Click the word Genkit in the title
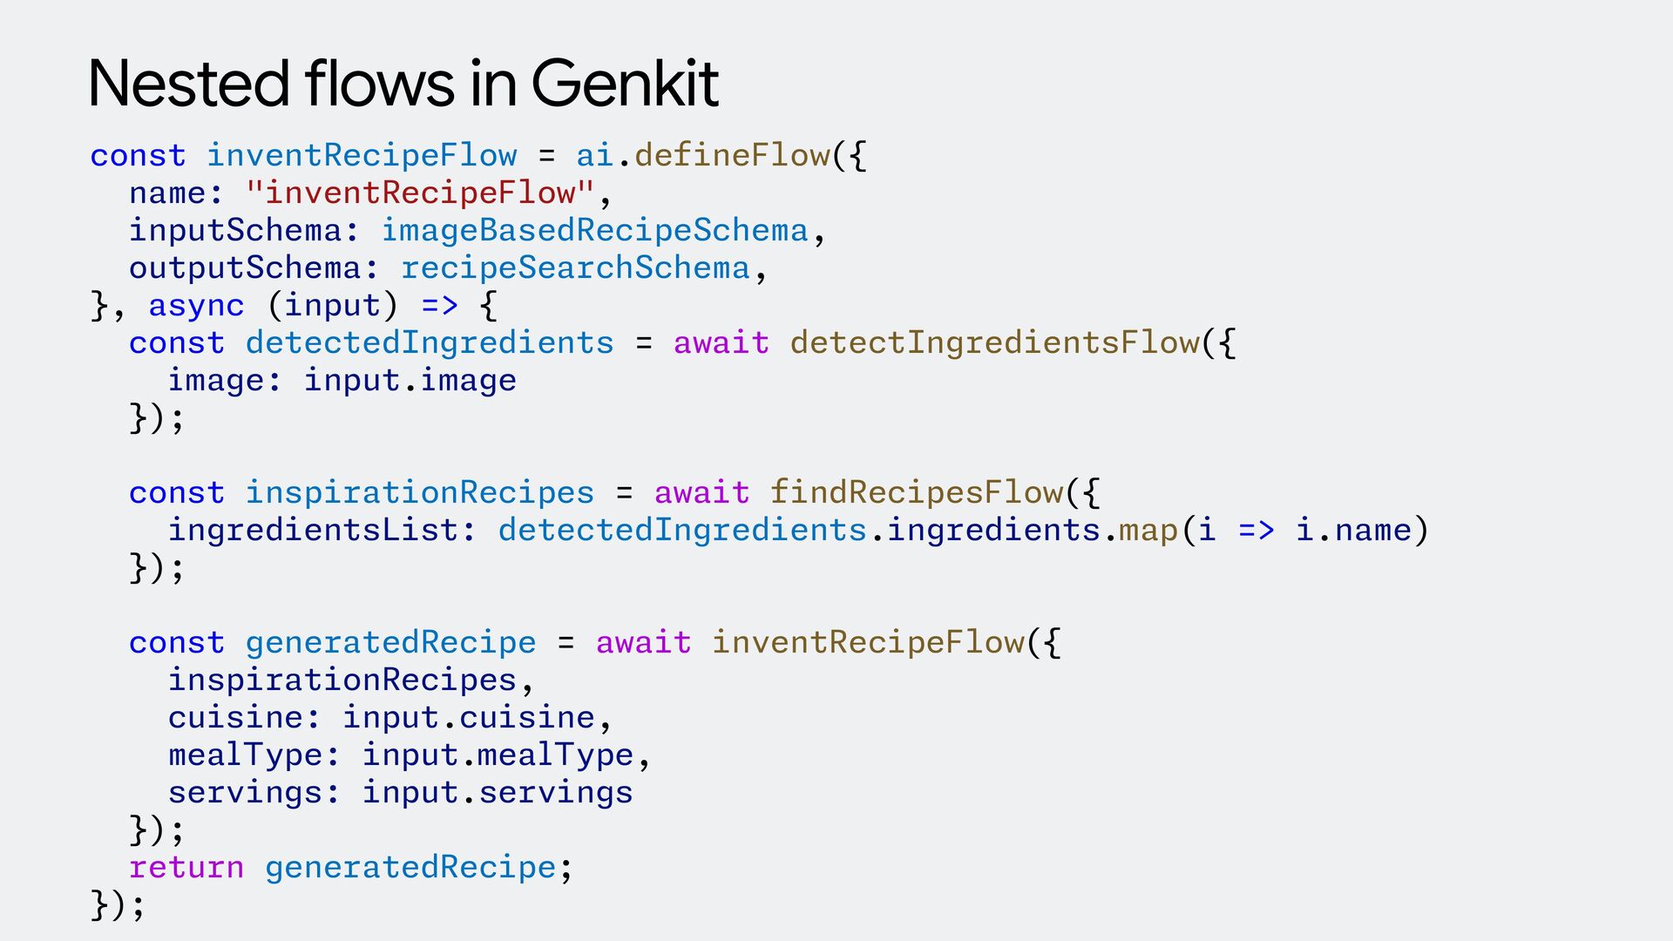[x=625, y=85]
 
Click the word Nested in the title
[x=188, y=85]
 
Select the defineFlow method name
[x=732, y=156]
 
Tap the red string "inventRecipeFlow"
[x=420, y=193]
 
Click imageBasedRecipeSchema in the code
[x=595, y=231]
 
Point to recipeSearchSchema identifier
[x=575, y=268]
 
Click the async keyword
[x=196, y=306]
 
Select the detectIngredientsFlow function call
[x=994, y=343]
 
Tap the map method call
[x=1148, y=531]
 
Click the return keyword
[x=186, y=868]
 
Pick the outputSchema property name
[x=244, y=268]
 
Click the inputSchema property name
[x=234, y=231]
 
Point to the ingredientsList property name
[x=313, y=531]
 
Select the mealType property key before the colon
[x=245, y=755]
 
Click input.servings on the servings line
[x=498, y=793]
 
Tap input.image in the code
[x=410, y=381]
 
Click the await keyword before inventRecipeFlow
[x=643, y=643]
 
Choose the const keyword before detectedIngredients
[x=177, y=343]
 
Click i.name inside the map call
[x=1353, y=531]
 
